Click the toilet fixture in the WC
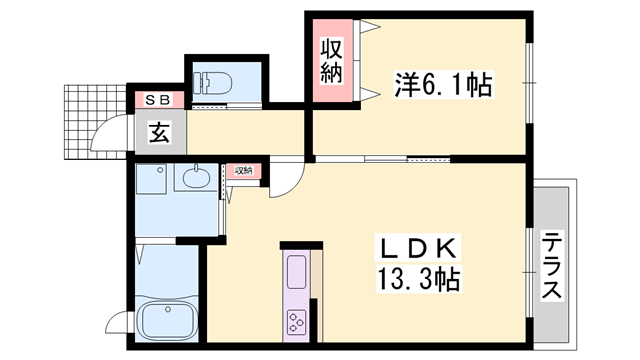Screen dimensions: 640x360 pos(212,82)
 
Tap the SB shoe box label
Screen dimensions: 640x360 pos(158,100)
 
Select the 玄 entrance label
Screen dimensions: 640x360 pos(159,132)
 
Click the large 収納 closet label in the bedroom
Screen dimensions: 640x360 pos(331,60)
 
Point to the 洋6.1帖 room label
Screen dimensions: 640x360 pos(443,84)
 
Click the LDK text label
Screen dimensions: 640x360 pos(418,248)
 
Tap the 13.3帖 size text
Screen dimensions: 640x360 pos(418,278)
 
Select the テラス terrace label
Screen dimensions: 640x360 pos(551,264)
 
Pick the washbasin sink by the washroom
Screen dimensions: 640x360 pos(196,177)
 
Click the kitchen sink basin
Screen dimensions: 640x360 pos(297,271)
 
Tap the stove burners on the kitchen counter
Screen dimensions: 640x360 pos(296,322)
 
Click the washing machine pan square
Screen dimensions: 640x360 pos(151,179)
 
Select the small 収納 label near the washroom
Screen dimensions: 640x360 pos(244,171)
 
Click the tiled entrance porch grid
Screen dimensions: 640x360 pos(96,122)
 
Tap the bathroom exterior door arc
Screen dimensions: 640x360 pos(116,320)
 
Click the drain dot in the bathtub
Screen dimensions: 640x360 pos(168,310)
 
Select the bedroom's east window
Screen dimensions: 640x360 pos(529,82)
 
